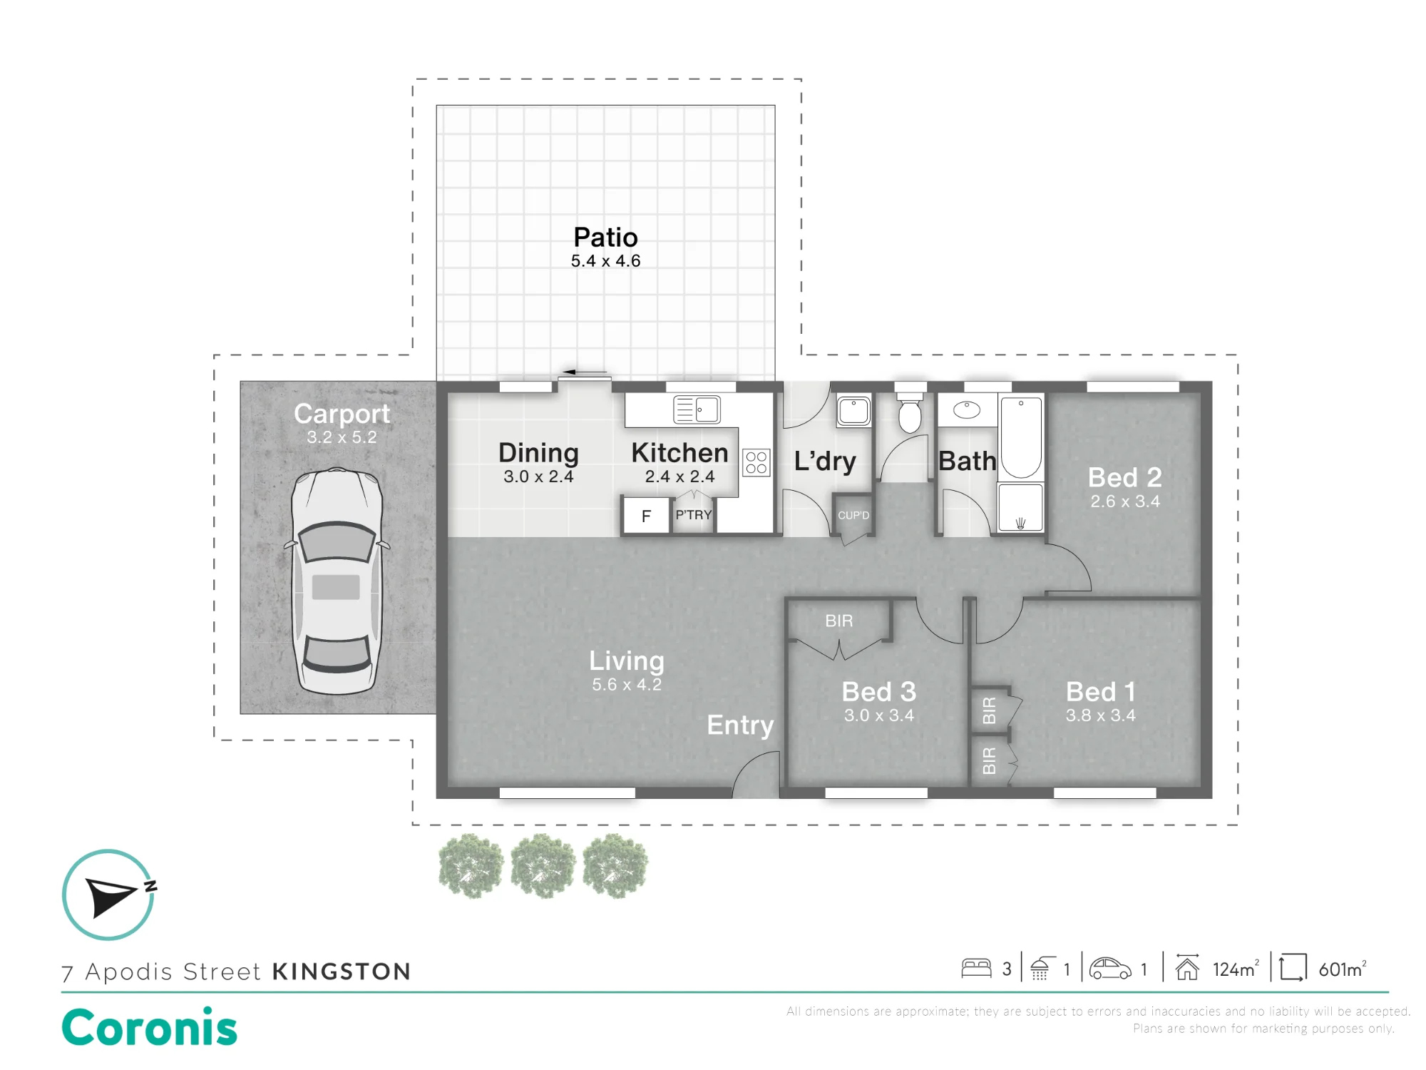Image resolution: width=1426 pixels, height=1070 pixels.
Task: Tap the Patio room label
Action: pos(605,238)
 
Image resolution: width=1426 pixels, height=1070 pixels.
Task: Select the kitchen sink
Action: pos(697,409)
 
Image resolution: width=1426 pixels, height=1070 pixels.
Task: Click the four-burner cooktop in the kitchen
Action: pos(756,462)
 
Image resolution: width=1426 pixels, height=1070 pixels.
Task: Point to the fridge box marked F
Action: pos(646,515)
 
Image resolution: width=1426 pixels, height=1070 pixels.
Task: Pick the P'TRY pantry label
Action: pos(693,514)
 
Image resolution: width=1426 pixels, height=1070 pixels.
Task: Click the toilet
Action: pos(910,412)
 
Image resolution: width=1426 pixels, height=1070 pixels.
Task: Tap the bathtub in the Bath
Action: pos(1021,437)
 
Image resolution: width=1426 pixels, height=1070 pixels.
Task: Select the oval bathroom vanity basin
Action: pos(967,409)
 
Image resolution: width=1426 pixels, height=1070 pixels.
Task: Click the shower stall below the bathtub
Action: pos(1021,507)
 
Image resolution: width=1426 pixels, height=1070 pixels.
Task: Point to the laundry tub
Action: pos(853,411)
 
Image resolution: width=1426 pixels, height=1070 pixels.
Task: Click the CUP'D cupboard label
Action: pos(853,515)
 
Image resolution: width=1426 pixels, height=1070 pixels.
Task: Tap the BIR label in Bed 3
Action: pos(838,621)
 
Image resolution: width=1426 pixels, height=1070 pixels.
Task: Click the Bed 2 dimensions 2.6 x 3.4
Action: pos(1125,501)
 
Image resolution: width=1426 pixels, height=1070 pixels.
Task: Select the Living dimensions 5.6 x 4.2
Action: pos(627,685)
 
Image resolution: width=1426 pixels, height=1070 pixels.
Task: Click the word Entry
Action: pos(740,725)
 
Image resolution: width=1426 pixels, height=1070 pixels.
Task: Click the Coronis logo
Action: pos(149,1027)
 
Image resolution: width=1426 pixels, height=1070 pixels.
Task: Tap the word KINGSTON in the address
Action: pos(342,972)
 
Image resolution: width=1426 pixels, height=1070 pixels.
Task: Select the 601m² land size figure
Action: pos(1343,969)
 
